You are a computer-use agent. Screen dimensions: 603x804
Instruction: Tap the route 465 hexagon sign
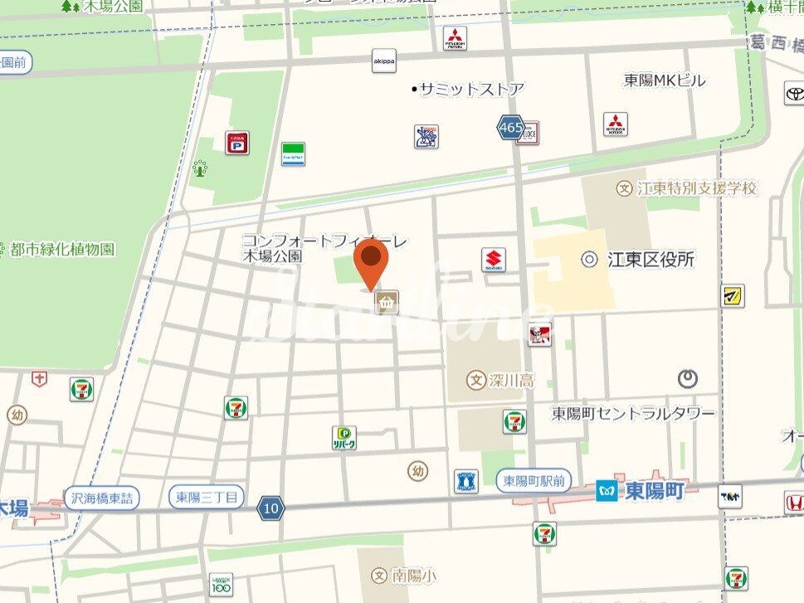(x=510, y=128)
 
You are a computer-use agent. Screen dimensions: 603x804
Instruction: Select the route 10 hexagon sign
(x=270, y=508)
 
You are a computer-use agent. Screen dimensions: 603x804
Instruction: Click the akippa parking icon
(x=383, y=61)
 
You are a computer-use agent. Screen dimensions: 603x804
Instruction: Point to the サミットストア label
(x=470, y=89)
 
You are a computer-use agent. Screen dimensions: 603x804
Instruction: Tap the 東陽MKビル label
(x=665, y=80)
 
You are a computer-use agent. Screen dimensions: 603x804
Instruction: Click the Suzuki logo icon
(x=495, y=260)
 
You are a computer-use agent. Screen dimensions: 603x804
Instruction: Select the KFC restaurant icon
(x=539, y=334)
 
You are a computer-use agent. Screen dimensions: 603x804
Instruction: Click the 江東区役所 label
(x=650, y=260)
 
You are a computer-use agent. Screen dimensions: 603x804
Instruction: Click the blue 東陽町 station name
(x=655, y=491)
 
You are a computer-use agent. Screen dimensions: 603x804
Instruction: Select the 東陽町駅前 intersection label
(x=534, y=480)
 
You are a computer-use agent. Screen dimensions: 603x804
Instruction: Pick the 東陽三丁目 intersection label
(x=207, y=498)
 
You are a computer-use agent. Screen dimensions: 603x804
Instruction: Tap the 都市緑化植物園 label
(x=62, y=249)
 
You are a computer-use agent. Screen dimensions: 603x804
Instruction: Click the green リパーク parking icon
(x=344, y=437)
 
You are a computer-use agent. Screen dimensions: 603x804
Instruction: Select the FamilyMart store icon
(x=292, y=153)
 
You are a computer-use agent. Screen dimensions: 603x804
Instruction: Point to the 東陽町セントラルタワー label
(x=633, y=412)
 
